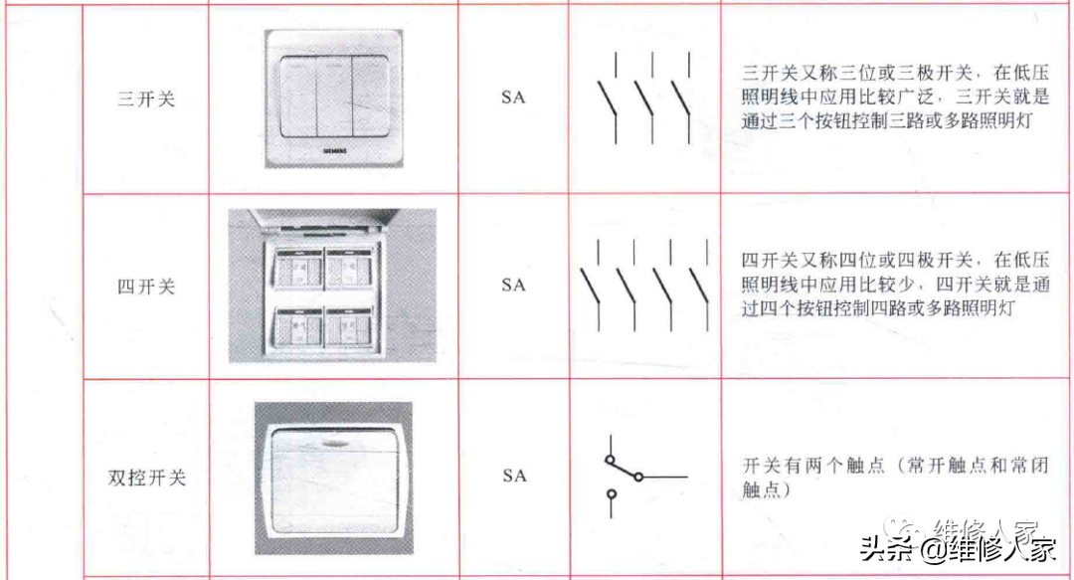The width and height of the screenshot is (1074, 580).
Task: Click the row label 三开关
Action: pos(146,99)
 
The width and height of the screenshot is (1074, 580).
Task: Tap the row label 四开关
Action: pos(146,287)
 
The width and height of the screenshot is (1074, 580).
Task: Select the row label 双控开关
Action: pos(146,478)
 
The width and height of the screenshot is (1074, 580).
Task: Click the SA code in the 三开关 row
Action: pos(513,97)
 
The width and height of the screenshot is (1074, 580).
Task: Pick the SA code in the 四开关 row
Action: pos(513,285)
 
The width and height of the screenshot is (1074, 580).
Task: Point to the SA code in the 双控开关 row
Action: pos(514,476)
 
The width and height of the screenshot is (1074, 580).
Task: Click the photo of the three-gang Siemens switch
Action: pos(333,98)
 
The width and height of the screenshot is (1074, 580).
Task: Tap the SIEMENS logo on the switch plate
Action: pos(334,151)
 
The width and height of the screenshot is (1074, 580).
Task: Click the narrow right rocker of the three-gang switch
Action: pos(370,96)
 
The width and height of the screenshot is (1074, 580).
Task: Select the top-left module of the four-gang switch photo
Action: pos(298,268)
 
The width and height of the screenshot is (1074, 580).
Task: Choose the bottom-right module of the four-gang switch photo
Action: pos(348,327)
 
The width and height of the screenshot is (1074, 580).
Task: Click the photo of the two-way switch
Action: pos(333,478)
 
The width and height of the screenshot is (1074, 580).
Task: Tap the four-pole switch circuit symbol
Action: pos(643,286)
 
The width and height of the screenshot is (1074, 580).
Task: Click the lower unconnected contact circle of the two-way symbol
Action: pos(612,493)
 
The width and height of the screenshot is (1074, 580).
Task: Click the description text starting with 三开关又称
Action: pos(895,97)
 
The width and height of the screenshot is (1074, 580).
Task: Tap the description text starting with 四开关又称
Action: pos(895,284)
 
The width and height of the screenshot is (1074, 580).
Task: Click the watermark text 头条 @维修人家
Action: pos(958,549)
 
